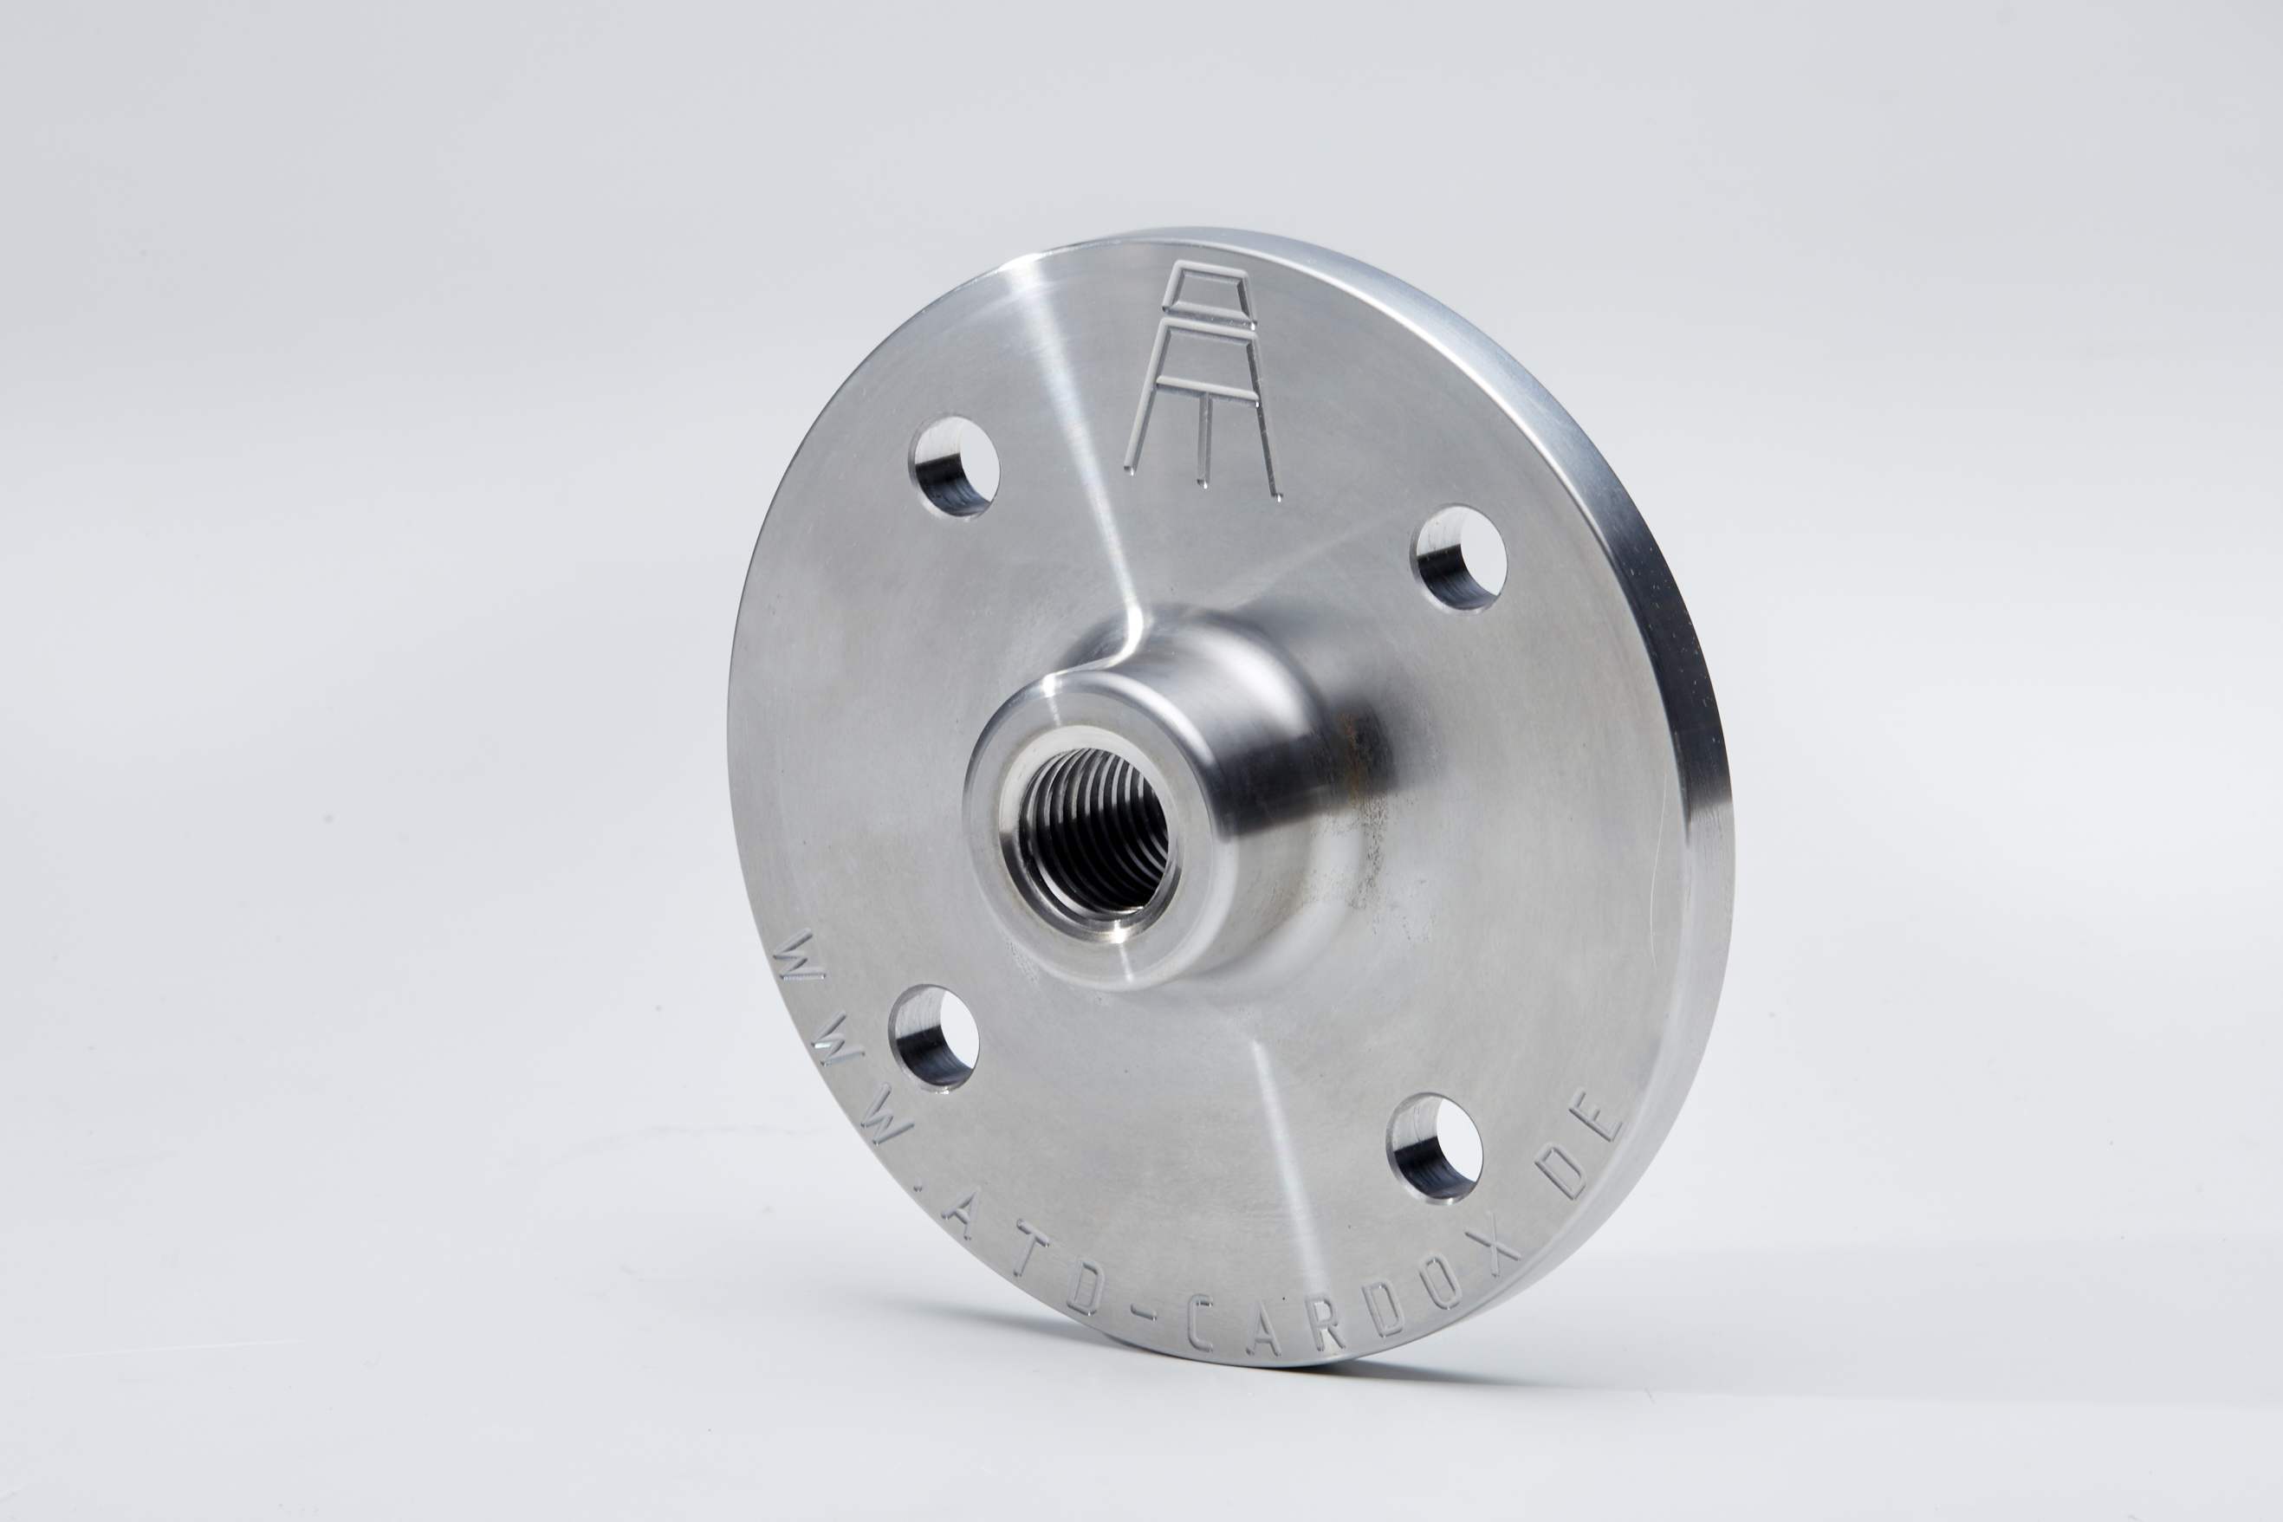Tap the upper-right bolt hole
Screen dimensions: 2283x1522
click(x=1459, y=558)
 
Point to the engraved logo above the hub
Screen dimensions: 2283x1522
click(x=1203, y=379)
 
